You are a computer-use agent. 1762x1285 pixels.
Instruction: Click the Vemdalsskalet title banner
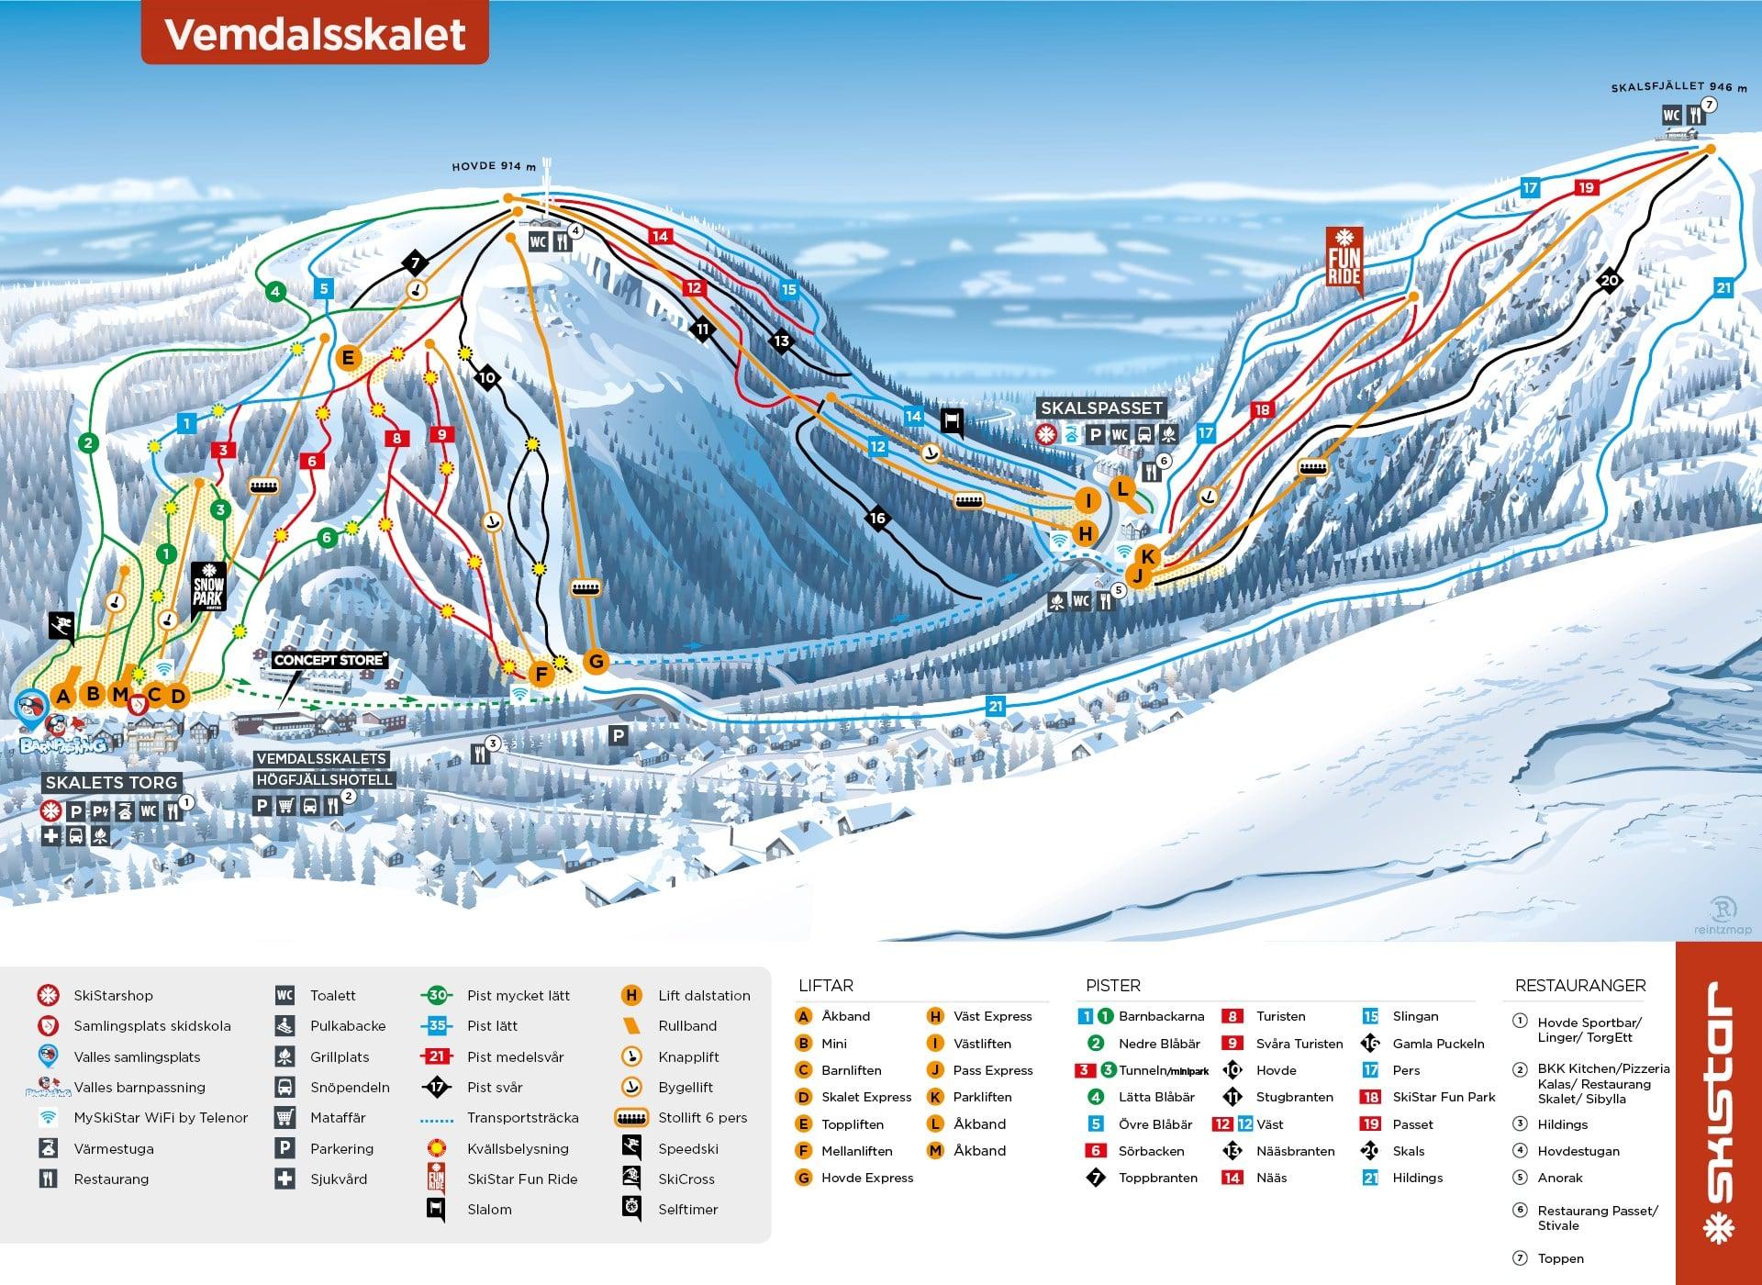point(315,34)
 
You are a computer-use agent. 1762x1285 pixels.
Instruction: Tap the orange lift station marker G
point(597,661)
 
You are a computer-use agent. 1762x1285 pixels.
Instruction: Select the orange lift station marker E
point(348,358)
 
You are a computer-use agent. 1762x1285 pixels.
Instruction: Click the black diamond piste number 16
point(877,519)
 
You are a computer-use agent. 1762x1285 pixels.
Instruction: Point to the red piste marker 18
point(1263,410)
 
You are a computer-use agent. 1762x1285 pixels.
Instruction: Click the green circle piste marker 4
point(274,293)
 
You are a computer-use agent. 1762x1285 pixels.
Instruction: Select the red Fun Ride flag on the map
point(1344,261)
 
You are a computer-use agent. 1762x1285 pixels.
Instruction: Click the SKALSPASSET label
point(1101,408)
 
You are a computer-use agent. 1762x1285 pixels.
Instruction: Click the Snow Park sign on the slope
point(208,587)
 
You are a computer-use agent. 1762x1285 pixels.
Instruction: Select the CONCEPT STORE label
point(329,660)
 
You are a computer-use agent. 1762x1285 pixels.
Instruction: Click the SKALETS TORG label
point(111,783)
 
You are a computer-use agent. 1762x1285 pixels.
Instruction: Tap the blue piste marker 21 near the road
point(995,706)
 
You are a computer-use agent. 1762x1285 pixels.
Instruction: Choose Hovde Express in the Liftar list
point(866,1178)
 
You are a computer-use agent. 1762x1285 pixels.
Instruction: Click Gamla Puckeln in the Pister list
point(1438,1044)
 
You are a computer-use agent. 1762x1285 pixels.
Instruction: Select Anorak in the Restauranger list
point(1560,1178)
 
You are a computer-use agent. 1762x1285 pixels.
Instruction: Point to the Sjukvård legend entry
point(339,1179)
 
